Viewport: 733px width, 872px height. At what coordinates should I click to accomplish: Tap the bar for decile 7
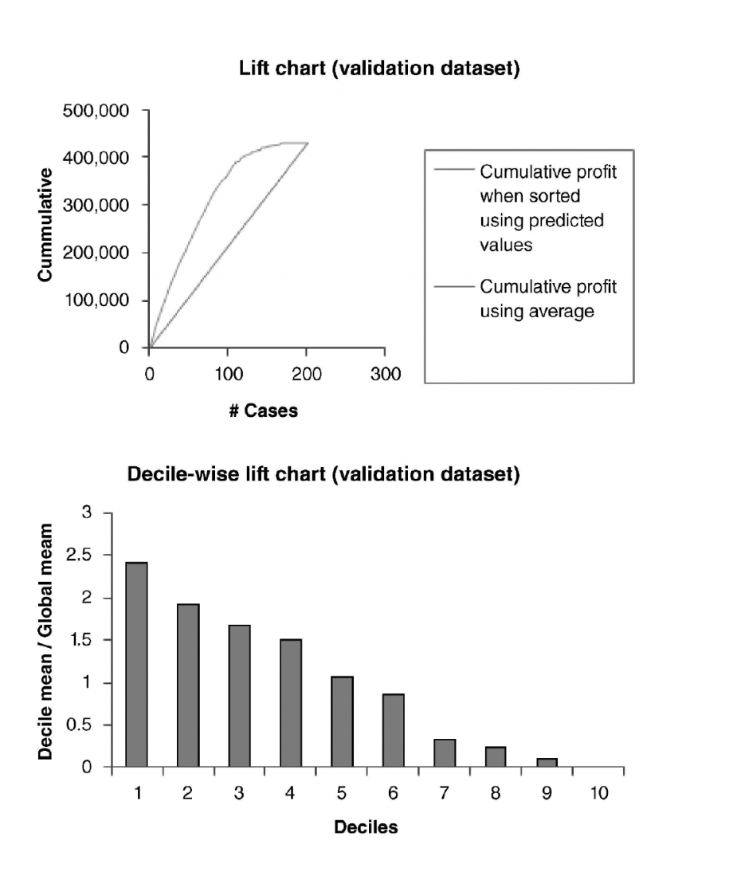pos(445,753)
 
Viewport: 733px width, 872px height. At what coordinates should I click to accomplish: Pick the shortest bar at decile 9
pos(546,763)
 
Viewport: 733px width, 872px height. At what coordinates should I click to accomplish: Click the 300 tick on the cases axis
pos(384,375)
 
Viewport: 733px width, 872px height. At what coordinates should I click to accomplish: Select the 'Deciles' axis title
pos(366,827)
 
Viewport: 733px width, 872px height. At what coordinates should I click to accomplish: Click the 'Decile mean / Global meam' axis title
pos(49,641)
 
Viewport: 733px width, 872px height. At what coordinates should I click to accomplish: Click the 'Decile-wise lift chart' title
pos(323,475)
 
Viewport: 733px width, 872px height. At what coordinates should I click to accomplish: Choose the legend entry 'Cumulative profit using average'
pos(547,299)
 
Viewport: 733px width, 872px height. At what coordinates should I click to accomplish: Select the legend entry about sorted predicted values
pos(547,208)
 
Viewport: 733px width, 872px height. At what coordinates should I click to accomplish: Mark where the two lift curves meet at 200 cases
pos(307,143)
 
